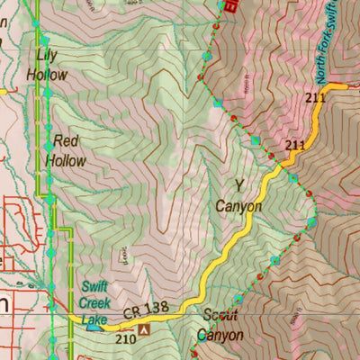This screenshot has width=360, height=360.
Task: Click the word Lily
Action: click(46, 55)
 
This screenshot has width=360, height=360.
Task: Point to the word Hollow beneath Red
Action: click(67, 161)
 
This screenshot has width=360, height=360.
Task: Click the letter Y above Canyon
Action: click(238, 186)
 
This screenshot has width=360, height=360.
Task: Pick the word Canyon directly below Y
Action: click(238, 206)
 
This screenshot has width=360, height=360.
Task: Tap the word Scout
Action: click(220, 316)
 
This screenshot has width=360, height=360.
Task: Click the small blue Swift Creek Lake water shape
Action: click(94, 328)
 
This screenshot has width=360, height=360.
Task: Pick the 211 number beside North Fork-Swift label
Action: click(316, 97)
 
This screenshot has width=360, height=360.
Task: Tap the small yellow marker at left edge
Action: click(3, 91)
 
